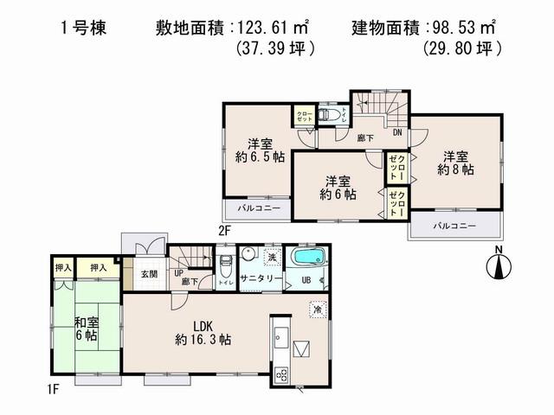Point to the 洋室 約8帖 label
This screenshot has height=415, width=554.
[456, 163]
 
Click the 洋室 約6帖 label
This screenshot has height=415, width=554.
[338, 188]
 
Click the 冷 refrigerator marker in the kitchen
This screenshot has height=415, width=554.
[317, 309]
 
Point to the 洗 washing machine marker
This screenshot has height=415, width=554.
[270, 259]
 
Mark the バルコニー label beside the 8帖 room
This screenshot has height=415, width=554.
[452, 226]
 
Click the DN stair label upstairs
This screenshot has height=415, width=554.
[396, 132]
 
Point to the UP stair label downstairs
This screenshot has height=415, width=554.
[178, 274]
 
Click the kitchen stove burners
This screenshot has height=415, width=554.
[281, 373]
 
